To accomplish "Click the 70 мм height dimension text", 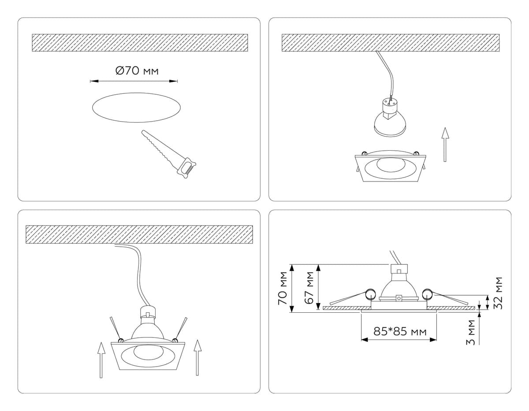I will pyautogui.click(x=283, y=288).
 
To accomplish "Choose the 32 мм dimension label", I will pyautogui.click(x=498, y=293).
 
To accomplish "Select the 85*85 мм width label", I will pyautogui.click(x=400, y=331).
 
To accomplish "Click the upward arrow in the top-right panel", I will pyautogui.click(x=445, y=144).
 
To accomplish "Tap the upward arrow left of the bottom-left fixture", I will pyautogui.click(x=101, y=359).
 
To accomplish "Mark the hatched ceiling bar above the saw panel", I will pyautogui.click(x=140, y=43).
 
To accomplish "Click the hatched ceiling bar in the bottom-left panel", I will pyautogui.click(x=140, y=234).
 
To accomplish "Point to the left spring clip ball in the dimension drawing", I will pyautogui.click(x=369, y=293).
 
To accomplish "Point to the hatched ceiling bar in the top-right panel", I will pyautogui.click(x=390, y=42).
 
